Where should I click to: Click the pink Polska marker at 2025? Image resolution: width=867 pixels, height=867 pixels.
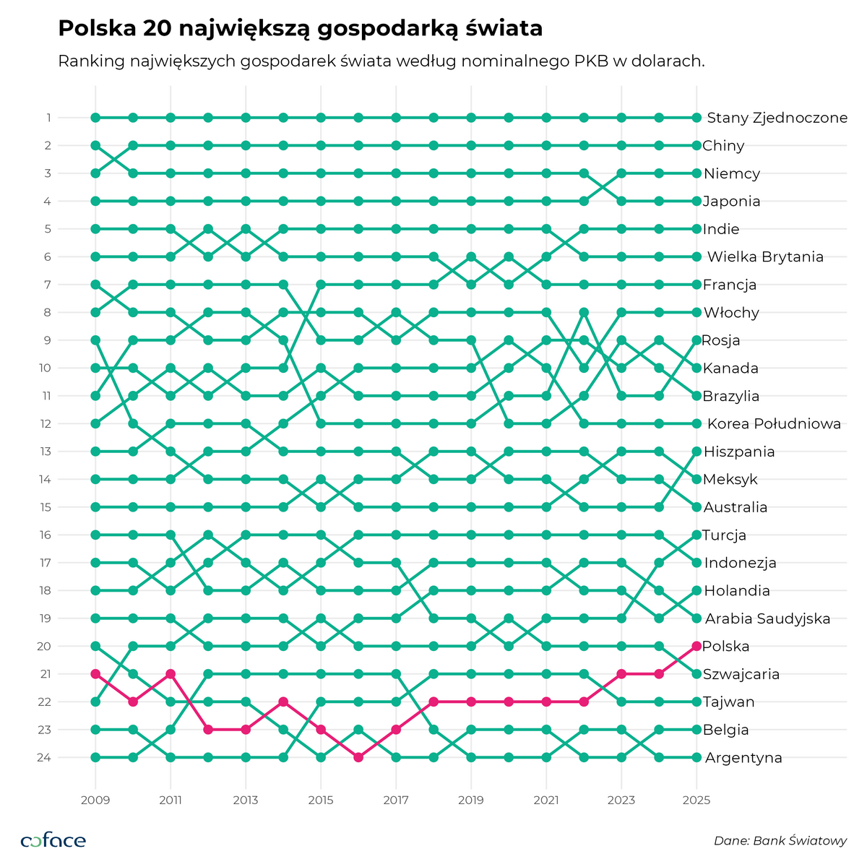(696, 646)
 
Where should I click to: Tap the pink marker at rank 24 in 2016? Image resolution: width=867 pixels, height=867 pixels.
(358, 757)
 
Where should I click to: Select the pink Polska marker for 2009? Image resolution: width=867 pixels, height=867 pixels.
(95, 674)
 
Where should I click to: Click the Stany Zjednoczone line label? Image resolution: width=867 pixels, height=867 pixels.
(777, 118)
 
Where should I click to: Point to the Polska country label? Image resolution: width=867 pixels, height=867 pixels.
(725, 646)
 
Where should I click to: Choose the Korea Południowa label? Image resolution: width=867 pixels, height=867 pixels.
(774, 424)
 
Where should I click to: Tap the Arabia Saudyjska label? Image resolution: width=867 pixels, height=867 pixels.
(767, 618)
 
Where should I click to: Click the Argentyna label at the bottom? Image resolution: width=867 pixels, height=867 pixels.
(743, 758)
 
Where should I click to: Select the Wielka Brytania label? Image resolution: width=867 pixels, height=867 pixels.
(765, 256)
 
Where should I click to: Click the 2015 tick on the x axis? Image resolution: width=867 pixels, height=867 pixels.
(321, 800)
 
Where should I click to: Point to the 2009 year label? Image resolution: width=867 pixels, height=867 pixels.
(95, 800)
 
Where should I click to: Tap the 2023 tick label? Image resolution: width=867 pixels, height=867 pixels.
(621, 800)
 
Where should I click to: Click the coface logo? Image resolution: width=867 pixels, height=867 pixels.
(53, 840)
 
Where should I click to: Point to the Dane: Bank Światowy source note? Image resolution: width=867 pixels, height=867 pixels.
(780, 840)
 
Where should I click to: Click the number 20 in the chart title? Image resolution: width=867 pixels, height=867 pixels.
(158, 28)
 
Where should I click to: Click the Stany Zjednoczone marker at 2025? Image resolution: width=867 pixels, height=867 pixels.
(696, 117)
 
